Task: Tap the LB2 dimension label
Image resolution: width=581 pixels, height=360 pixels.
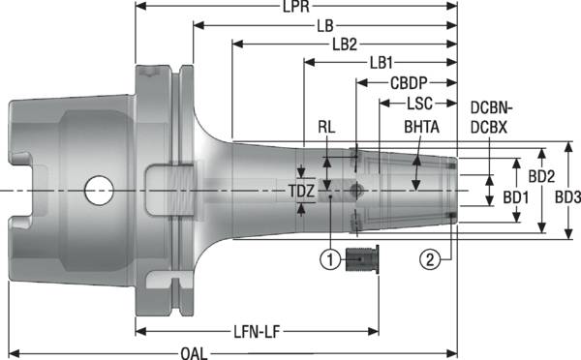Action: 346,45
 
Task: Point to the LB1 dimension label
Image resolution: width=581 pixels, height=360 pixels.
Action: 381,63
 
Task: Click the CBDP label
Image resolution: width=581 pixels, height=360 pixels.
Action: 410,83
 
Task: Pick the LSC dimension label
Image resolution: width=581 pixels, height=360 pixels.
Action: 419,102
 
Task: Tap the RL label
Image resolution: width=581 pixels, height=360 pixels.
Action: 329,128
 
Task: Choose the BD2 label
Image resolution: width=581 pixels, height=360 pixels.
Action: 541,177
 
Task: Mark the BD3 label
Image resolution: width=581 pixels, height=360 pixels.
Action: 566,197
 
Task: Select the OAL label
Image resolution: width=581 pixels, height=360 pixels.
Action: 194,352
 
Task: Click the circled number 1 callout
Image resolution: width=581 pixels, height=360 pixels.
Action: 331,258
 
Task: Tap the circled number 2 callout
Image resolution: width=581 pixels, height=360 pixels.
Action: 431,258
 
